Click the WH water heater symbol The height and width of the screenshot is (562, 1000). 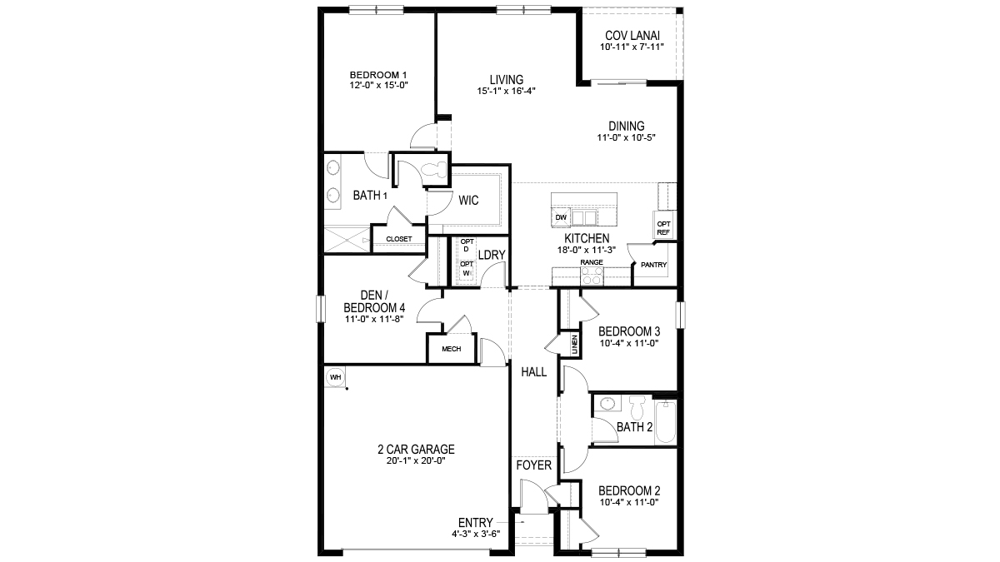[x=335, y=377]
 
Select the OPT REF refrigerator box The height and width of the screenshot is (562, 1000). [x=664, y=227]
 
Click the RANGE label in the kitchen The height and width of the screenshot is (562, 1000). [x=592, y=262]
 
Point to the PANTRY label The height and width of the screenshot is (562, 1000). [x=654, y=266]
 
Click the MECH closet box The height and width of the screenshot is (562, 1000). [x=451, y=349]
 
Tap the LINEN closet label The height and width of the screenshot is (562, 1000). [x=574, y=342]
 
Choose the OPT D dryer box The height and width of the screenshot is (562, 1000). [x=467, y=247]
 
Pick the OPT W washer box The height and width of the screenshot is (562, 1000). [x=467, y=269]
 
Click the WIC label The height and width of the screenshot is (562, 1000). [x=467, y=200]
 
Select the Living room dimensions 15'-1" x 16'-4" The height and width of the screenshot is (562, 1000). [x=506, y=91]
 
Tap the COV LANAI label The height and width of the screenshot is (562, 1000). [x=631, y=36]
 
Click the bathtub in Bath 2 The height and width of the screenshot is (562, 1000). [x=665, y=422]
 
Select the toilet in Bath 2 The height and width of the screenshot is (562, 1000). [x=638, y=408]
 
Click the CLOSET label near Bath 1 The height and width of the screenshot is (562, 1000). [x=398, y=239]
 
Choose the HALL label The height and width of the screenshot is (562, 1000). [x=533, y=372]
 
